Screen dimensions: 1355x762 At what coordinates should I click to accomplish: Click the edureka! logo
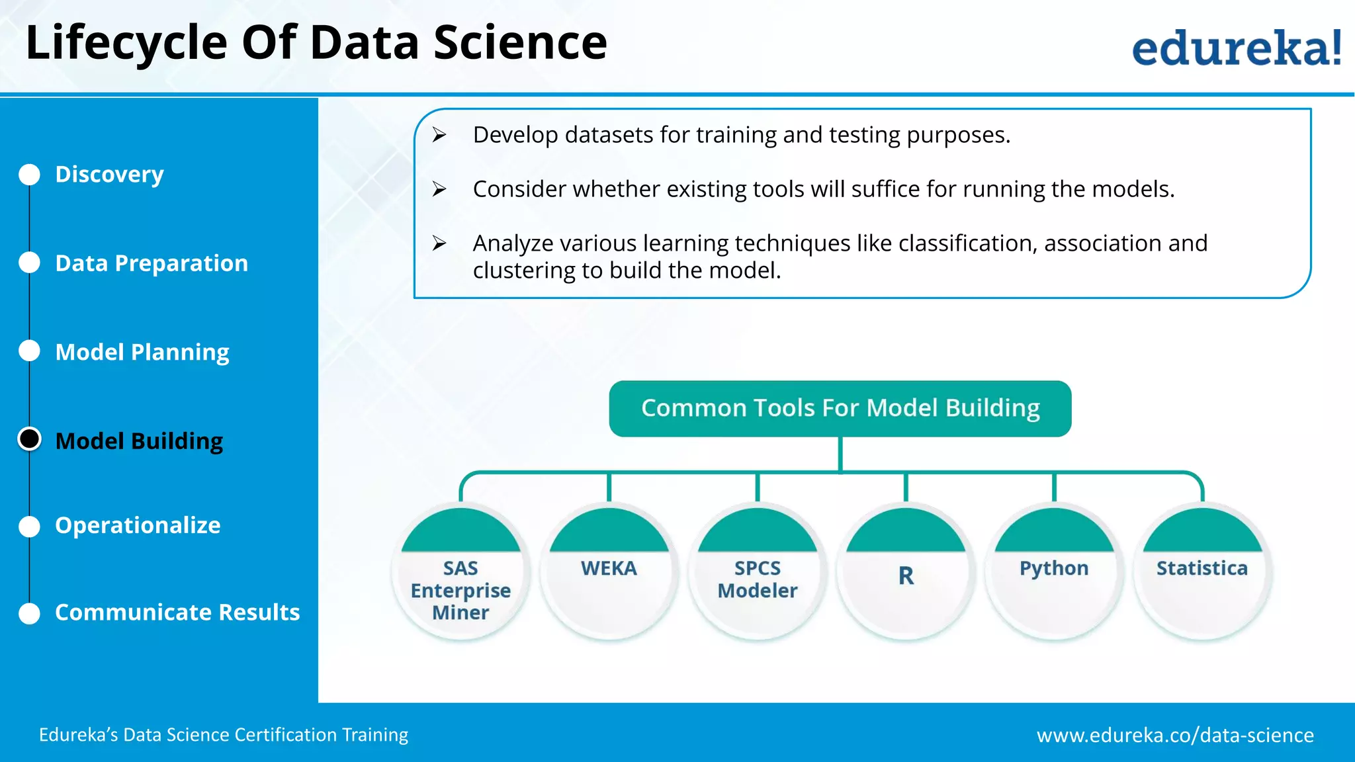[x=1236, y=48]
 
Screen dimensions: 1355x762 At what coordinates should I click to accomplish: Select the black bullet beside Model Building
[x=30, y=439]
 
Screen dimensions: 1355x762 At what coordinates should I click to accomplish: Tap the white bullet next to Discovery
[x=30, y=175]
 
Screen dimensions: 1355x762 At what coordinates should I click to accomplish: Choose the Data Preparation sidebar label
[x=152, y=263]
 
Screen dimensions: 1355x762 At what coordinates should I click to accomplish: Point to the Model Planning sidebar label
[x=142, y=352]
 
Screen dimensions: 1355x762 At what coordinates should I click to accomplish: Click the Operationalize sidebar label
[x=138, y=525]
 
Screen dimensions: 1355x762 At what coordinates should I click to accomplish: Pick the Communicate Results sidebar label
[x=177, y=613]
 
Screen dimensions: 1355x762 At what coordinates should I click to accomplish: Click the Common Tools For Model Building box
[x=840, y=409]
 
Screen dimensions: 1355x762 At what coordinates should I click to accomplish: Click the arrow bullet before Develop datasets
[x=439, y=135]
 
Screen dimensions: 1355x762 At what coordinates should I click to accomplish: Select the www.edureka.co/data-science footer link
[x=1175, y=735]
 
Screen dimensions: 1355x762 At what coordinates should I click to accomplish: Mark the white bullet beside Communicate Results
[x=30, y=613]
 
